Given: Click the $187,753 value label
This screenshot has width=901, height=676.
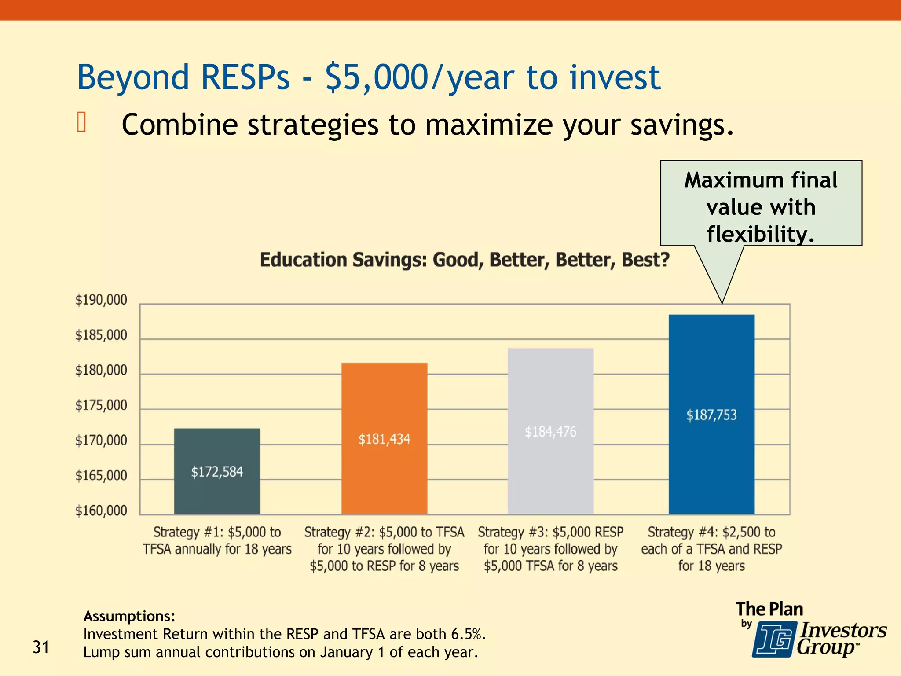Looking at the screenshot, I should [x=711, y=415].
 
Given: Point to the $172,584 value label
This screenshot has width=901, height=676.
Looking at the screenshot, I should [x=217, y=472].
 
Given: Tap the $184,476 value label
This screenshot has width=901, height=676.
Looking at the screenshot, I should [x=550, y=432].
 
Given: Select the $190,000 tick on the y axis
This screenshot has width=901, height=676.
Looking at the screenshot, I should [x=101, y=300].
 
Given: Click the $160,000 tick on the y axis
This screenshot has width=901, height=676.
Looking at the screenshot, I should [x=101, y=511].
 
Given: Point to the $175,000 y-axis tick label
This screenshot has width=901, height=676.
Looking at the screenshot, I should [x=101, y=405].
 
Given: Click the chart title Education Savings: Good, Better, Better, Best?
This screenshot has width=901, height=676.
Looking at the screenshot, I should [x=465, y=260].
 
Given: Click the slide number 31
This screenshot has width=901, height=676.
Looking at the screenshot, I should [x=41, y=647].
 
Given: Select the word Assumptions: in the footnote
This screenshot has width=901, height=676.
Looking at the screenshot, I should [x=129, y=616].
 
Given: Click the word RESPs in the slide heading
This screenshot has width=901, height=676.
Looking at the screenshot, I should [x=245, y=77].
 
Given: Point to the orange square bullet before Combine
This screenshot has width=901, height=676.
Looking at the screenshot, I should [x=81, y=122].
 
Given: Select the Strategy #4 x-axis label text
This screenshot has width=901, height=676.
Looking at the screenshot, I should [x=711, y=549].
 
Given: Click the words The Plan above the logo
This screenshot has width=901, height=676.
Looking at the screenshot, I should [x=769, y=609].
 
